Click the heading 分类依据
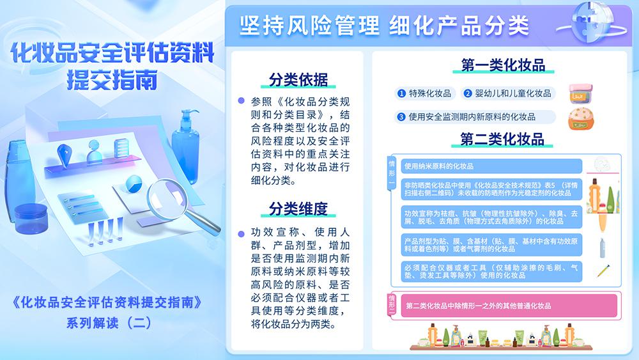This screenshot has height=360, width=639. [x=298, y=79]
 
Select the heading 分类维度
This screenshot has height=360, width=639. [x=298, y=208]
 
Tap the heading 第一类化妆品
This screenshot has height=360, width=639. [x=503, y=65]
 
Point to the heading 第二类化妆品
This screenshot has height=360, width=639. [x=502, y=139]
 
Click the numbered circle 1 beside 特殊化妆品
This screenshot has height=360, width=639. [x=401, y=93]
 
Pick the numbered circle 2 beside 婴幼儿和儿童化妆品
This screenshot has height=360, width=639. [x=468, y=93]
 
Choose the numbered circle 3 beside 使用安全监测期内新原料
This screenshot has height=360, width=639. [x=401, y=117]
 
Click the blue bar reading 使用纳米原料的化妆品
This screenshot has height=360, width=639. [x=491, y=166]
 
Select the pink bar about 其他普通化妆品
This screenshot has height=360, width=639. [x=509, y=306]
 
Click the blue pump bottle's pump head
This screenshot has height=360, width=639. [x=189, y=114]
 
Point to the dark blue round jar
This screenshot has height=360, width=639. [x=31, y=219]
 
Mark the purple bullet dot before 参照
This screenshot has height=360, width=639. [x=242, y=100]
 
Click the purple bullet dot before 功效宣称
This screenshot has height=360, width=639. [x=242, y=234]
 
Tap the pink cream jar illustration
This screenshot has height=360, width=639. [x=580, y=93]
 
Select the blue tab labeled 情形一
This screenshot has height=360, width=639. [x=392, y=173]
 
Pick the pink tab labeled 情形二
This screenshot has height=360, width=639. [x=392, y=305]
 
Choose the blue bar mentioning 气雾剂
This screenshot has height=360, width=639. [x=491, y=245]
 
